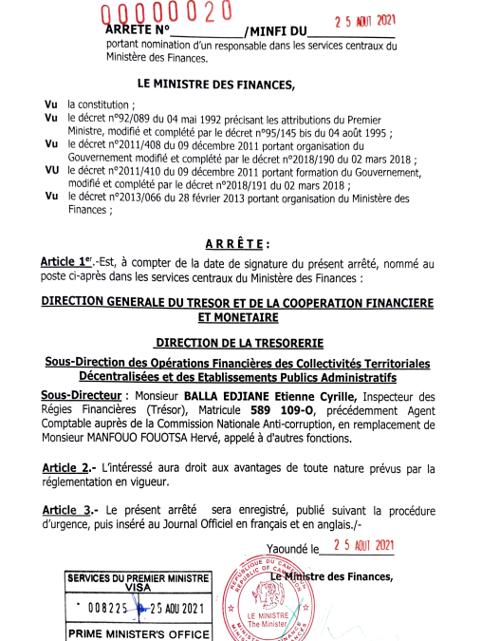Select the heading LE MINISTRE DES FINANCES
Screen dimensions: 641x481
coord(216,85)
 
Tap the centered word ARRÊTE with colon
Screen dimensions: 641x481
coord(240,243)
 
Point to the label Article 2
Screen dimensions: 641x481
coord(68,468)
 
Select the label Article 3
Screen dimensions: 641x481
coord(68,508)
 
